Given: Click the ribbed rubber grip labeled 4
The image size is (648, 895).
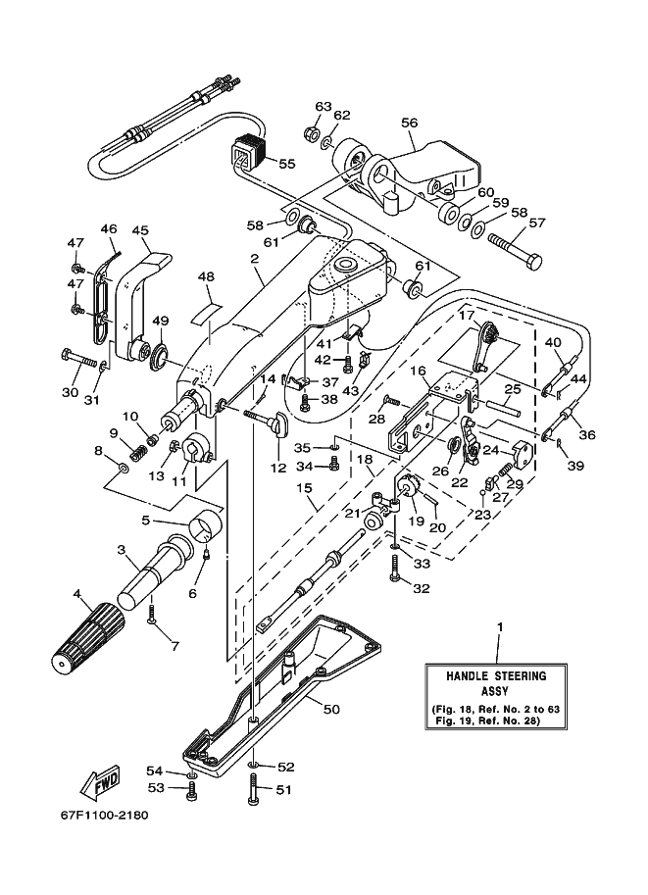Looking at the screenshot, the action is pos(88,636).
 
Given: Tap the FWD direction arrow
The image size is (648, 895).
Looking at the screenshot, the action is pos(101,780).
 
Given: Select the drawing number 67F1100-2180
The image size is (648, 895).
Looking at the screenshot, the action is pos(105,815).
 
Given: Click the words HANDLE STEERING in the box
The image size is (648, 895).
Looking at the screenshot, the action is pos(496,675).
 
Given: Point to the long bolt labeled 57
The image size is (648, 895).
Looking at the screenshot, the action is pos(515,250).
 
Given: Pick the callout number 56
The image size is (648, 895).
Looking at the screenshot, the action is pos(410,123).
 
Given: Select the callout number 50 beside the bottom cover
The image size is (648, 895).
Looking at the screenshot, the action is pos(331,709).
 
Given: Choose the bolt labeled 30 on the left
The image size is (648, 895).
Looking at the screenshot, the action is pos(79,359).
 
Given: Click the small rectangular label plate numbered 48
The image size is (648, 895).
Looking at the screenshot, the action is pos(207,314).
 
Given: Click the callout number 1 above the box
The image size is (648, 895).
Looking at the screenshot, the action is pos(500,626).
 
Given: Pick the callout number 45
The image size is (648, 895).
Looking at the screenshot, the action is pos(140,230).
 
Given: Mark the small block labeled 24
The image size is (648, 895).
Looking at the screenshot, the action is pos(522,453).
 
